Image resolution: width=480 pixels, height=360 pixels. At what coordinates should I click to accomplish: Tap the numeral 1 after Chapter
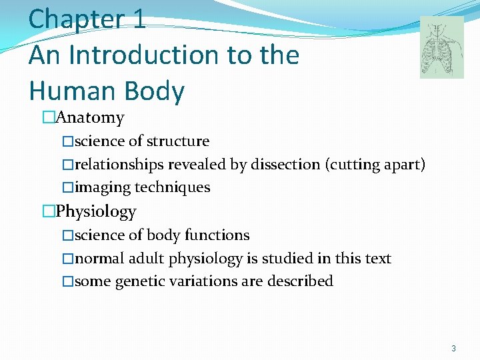139,18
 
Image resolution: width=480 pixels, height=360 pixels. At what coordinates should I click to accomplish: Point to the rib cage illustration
441,47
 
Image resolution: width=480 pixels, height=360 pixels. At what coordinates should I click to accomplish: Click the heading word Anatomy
90,118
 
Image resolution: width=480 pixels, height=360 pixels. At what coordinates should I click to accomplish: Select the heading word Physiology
96,212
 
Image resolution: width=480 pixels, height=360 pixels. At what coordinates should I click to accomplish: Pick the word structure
177,141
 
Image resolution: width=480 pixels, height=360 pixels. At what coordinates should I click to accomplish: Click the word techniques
173,188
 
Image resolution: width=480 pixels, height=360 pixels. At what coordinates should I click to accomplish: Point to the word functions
217,235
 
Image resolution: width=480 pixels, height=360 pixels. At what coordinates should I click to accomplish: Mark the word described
300,282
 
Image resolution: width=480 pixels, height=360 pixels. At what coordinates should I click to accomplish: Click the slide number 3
453,349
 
